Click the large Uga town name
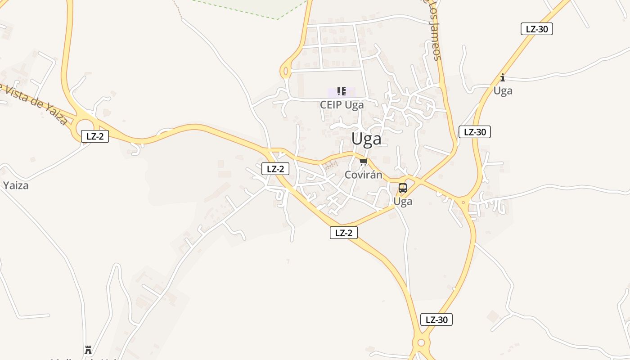[x=366, y=139]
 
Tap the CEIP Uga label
[x=342, y=105]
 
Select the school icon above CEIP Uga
[x=342, y=92]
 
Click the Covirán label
[x=363, y=175]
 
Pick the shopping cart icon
[x=363, y=162]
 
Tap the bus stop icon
[x=403, y=188]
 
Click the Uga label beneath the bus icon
[x=403, y=202]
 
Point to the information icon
[x=503, y=77]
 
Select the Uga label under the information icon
[x=503, y=91]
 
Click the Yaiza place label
[x=16, y=185]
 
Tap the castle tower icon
[x=88, y=350]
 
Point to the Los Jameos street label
[x=433, y=30]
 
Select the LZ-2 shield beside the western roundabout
[x=95, y=136]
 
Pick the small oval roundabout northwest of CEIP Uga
[x=285, y=71]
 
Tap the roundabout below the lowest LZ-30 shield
[x=421, y=343]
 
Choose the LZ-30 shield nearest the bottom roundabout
[x=436, y=319]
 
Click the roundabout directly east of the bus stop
[x=463, y=202]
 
